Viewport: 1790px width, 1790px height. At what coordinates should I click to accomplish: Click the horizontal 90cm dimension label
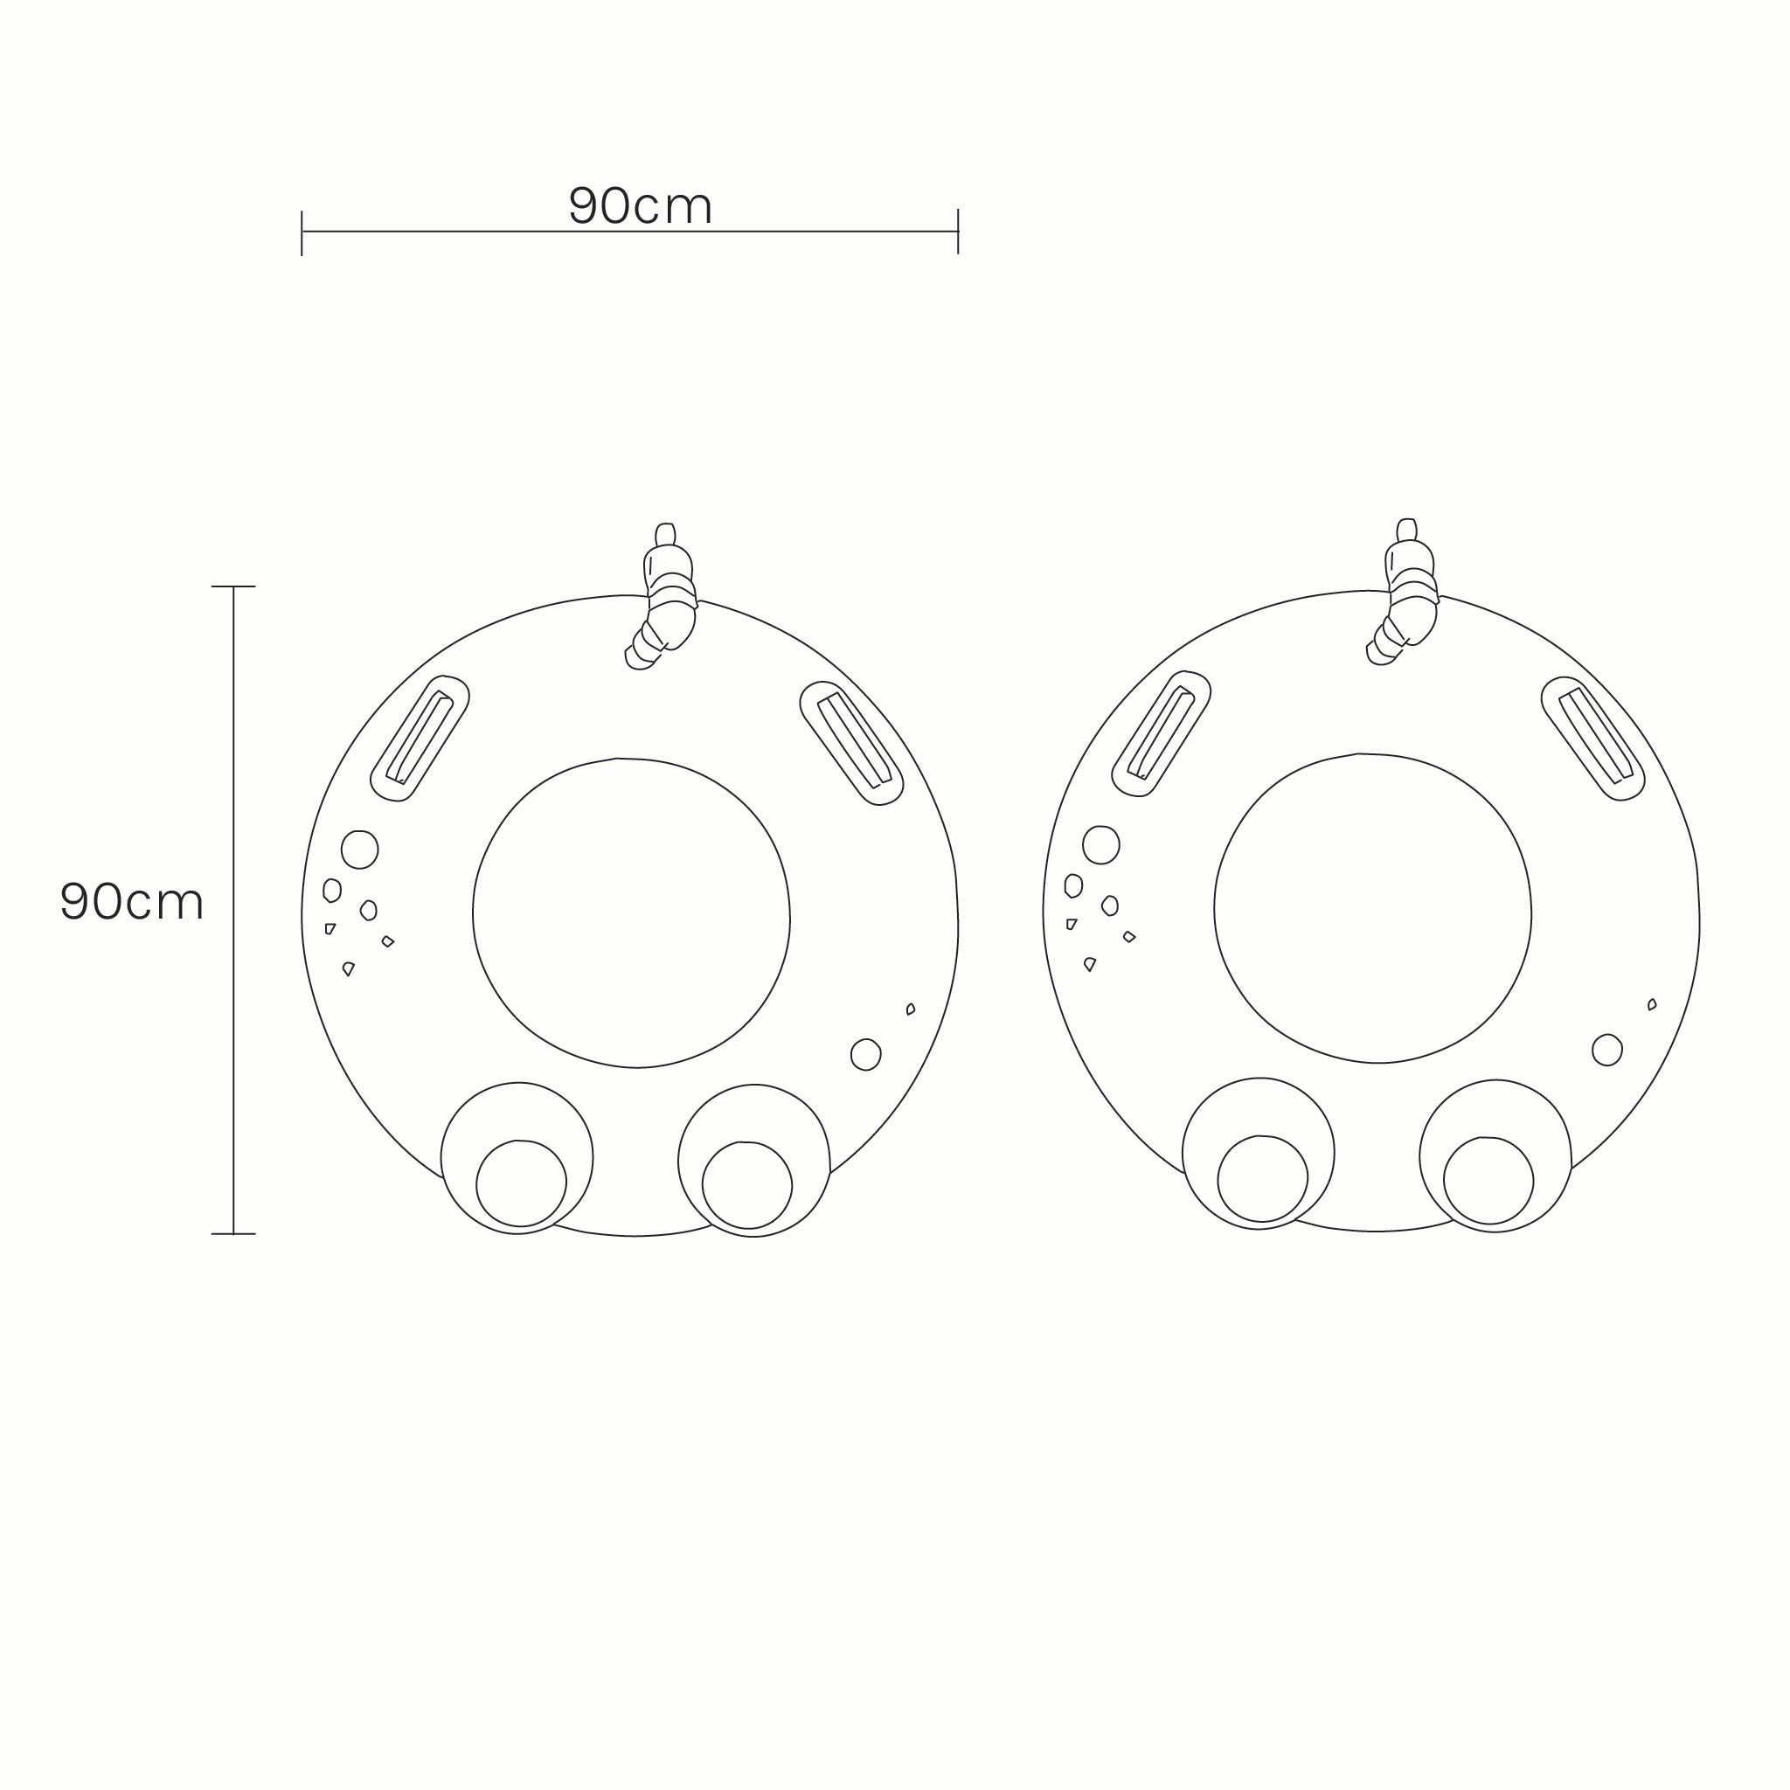pos(640,205)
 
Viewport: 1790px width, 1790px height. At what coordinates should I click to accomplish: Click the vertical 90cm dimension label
pos(132,900)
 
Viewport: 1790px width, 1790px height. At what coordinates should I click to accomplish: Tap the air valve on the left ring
pos(662,597)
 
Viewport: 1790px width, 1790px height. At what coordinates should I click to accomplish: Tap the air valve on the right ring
pos(1403,592)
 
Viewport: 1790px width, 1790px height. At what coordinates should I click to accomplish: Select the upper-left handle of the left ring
pos(420,739)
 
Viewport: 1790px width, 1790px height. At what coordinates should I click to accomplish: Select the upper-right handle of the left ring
pos(851,743)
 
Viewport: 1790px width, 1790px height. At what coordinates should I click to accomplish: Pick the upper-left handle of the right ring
pos(1161,734)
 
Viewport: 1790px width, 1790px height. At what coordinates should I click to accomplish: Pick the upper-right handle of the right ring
pos(1592,739)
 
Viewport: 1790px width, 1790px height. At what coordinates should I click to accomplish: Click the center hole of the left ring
pos(631,912)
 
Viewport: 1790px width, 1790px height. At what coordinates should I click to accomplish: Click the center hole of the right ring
pos(1372,908)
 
